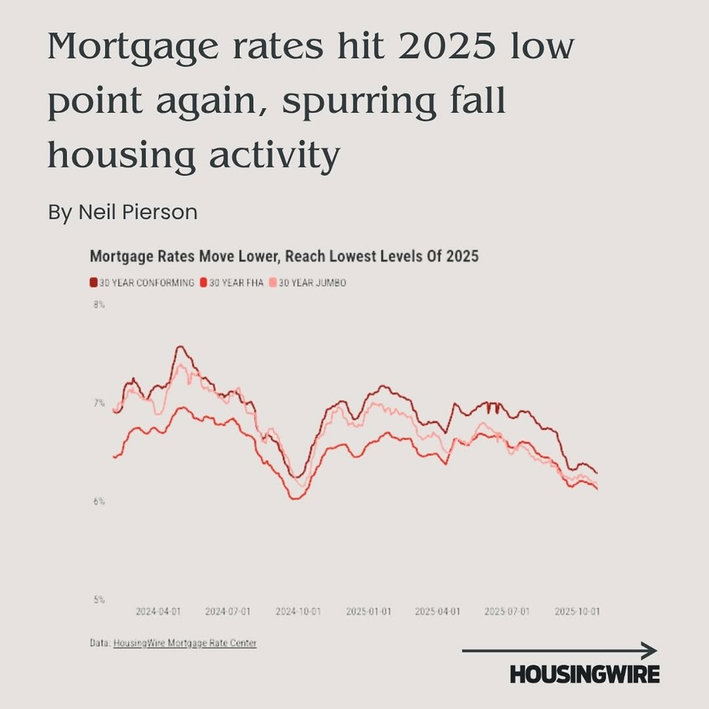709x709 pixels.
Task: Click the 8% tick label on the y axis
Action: (x=99, y=305)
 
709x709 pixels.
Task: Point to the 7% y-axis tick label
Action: (x=99, y=402)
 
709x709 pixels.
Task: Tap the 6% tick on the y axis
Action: (x=99, y=501)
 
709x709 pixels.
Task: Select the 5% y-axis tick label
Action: (x=99, y=599)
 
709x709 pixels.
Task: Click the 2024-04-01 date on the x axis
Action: (x=158, y=611)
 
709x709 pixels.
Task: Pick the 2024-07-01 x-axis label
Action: (x=228, y=611)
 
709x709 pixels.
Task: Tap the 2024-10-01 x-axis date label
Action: (x=298, y=611)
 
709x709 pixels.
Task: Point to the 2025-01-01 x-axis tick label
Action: (x=368, y=611)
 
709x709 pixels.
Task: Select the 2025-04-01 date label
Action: (x=437, y=611)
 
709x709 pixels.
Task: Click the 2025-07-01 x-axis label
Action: (x=507, y=611)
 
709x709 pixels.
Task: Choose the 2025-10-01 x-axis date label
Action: (x=578, y=611)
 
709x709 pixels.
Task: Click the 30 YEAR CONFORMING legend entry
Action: (x=142, y=283)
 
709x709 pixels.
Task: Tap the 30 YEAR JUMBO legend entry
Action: (x=309, y=283)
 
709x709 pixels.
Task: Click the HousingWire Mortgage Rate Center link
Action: (x=184, y=643)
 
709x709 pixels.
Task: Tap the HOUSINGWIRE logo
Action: (x=584, y=674)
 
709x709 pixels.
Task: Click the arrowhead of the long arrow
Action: (x=650, y=651)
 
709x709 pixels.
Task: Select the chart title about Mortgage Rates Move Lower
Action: (x=284, y=256)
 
